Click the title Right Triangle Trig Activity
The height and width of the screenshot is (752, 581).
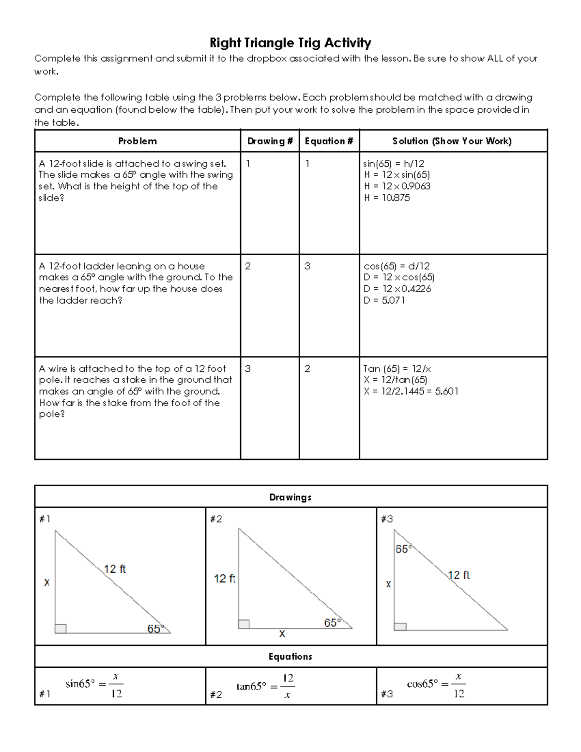coord(290,43)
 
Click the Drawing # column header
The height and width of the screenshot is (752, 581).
coord(270,141)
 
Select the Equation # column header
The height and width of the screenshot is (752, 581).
coord(329,141)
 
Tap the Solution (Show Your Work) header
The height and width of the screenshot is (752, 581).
coord(452,141)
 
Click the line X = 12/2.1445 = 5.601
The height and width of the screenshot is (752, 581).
coord(411,391)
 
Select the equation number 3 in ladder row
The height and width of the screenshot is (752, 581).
coord(307,266)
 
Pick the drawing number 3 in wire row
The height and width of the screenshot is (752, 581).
coord(248,369)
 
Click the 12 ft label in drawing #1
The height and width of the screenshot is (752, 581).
coord(115,569)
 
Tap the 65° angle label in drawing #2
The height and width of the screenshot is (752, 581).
coord(332,623)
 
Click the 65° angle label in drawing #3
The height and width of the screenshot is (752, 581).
coord(403,549)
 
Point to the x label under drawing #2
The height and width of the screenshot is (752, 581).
coord(282,634)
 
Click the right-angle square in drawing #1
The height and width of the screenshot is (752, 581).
coord(61,629)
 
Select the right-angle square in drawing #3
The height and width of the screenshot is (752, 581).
coord(400,627)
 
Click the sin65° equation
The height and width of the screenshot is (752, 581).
coord(94,685)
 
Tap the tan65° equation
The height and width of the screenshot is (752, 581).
coord(265,686)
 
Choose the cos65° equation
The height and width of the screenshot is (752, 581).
coord(436,685)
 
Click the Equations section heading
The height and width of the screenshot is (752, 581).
coord(290,657)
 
